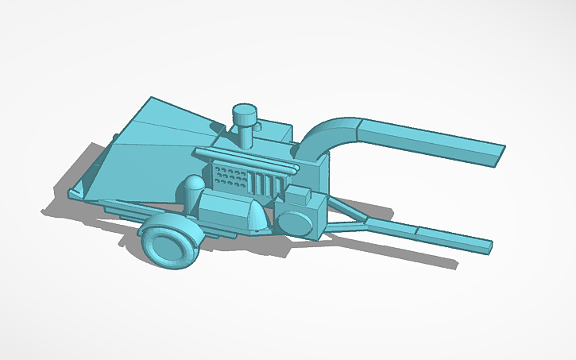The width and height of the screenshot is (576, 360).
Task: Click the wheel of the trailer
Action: [x=169, y=241]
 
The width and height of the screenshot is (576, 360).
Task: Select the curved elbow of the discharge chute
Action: [x=325, y=135]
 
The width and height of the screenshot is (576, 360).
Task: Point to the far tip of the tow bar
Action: [x=484, y=243]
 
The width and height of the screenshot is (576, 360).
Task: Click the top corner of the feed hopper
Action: [x=150, y=99]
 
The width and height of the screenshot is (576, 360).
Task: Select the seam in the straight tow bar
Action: [x=416, y=231]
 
